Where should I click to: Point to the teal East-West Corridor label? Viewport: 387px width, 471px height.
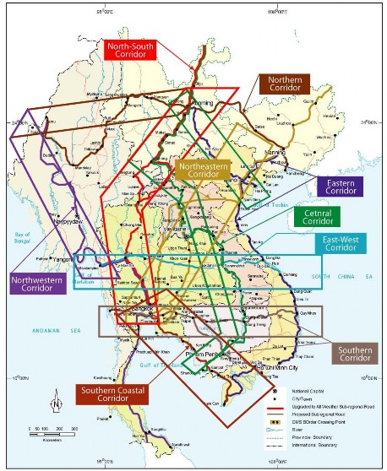coord(338,243)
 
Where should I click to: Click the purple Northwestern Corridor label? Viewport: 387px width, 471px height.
coord(37,283)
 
